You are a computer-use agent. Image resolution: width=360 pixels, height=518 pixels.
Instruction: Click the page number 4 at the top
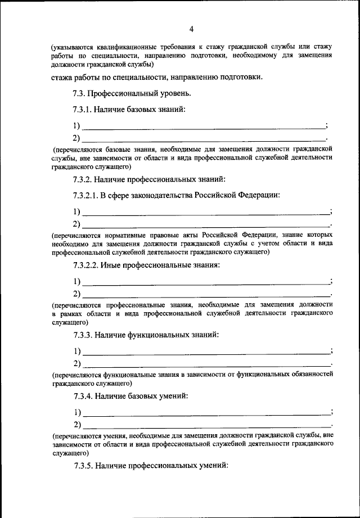tap(191, 29)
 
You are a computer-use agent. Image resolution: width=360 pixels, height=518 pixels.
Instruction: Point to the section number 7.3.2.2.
tap(86, 265)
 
